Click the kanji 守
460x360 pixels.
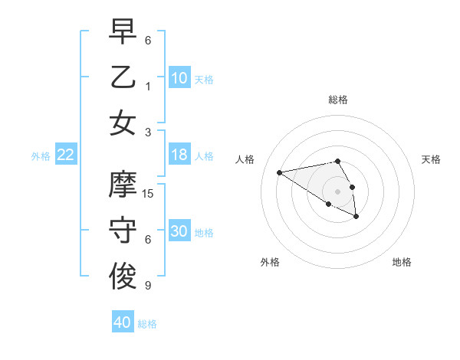click(x=123, y=231)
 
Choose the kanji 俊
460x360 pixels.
click(x=123, y=277)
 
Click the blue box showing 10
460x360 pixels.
click(x=179, y=77)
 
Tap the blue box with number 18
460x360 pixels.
click(x=179, y=155)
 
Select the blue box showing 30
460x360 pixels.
click(x=179, y=231)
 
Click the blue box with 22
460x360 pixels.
click(x=66, y=155)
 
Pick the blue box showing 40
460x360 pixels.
click(x=123, y=322)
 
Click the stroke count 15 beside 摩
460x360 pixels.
click(x=148, y=194)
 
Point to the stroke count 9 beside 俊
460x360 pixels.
click(x=148, y=286)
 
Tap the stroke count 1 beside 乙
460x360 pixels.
click(x=148, y=86)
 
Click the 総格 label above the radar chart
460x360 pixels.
click(x=337, y=100)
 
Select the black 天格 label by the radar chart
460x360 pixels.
click(x=431, y=159)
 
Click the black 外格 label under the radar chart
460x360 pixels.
click(x=270, y=262)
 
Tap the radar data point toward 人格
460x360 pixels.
click(x=280, y=172)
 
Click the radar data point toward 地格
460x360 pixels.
click(x=356, y=217)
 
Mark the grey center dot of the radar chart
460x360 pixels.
click(x=337, y=191)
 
